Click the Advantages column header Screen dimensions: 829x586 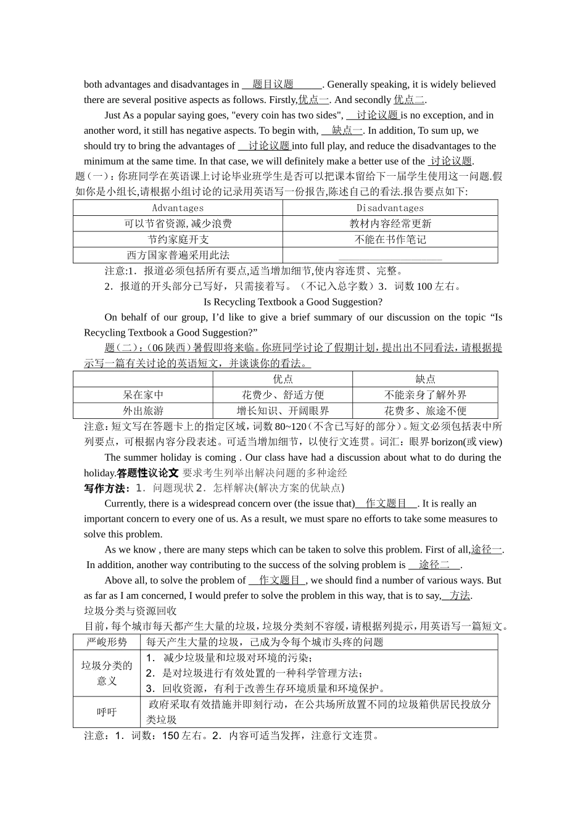pyautogui.click(x=178, y=208)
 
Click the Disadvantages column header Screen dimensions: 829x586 pyautogui.click(x=390, y=208)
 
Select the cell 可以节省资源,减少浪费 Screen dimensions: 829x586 pyautogui.click(x=178, y=224)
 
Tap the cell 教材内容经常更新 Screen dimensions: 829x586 pyautogui.click(x=390, y=224)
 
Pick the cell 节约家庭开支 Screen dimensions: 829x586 pyautogui.click(x=178, y=239)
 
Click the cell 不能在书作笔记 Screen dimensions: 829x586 pyautogui.click(x=390, y=239)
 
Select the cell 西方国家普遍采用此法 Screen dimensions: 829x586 pyautogui.click(x=178, y=255)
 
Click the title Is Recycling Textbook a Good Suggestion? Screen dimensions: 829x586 pyautogui.click(x=292, y=302)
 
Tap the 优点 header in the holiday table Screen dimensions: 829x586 pyautogui.click(x=283, y=379)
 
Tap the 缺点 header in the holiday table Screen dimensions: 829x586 pyautogui.click(x=425, y=379)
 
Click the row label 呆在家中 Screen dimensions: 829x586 pyautogui.click(x=142, y=395)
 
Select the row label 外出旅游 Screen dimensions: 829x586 pyautogui.click(x=142, y=410)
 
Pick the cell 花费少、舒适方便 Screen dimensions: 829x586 pyautogui.click(x=283, y=395)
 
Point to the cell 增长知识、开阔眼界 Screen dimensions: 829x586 pyautogui.click(x=283, y=410)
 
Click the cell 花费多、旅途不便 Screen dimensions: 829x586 pyautogui.click(x=425, y=410)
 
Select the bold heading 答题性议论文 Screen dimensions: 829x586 pyautogui.click(x=147, y=472)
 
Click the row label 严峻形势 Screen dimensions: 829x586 pyautogui.click(x=107, y=642)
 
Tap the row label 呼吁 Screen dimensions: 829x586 pyautogui.click(x=107, y=712)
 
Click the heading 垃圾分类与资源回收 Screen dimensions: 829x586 pyautogui.click(x=130, y=611)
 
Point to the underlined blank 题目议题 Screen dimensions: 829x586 pyautogui.click(x=273, y=85)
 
